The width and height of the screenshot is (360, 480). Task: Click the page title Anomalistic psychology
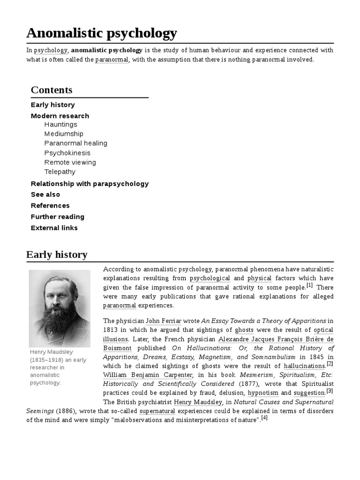coord(102,33)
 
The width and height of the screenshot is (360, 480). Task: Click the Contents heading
coord(52,90)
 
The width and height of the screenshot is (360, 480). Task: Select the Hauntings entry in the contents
coord(60,125)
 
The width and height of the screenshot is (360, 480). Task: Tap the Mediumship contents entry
coord(64,134)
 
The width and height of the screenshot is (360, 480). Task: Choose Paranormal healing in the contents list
coord(75,143)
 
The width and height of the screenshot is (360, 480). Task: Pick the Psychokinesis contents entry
coord(67,153)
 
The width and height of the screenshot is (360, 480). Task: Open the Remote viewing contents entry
coord(70,163)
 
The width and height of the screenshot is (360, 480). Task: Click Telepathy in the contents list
coord(60,172)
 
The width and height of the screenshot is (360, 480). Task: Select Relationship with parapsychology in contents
coord(90,184)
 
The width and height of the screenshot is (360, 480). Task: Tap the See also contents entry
coord(45,195)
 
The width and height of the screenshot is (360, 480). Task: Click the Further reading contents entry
coord(58,217)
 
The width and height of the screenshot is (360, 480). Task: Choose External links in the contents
coord(54,228)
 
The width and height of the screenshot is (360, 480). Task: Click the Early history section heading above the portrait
coord(57,255)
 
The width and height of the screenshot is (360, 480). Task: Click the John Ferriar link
coord(164,321)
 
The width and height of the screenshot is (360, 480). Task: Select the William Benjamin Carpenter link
coord(148,375)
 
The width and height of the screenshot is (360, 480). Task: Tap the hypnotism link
coord(262,393)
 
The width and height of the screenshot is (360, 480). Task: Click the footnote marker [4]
coord(264,418)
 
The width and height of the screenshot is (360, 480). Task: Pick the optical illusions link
coord(323,330)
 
